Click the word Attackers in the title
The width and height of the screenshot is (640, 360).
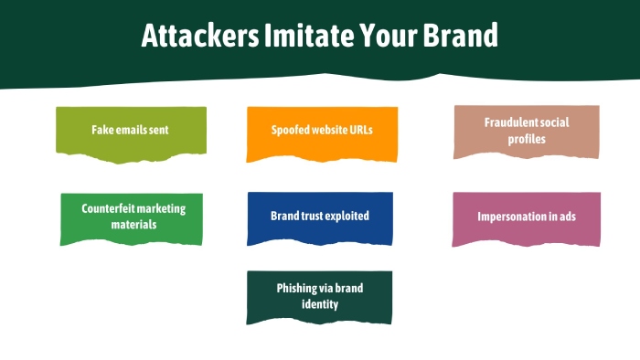200,35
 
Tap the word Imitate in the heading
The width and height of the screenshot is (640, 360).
309,35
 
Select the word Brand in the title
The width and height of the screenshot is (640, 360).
460,35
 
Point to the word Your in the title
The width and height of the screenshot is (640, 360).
389,35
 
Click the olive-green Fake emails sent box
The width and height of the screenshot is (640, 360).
131,133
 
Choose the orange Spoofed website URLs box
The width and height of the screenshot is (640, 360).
322,133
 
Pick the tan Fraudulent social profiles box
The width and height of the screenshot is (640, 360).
527,132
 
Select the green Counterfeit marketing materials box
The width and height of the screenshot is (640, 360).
132,219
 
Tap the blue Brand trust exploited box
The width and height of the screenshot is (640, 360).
320,218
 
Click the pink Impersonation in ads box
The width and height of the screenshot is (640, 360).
526,219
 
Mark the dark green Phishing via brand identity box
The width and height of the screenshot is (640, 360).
319,297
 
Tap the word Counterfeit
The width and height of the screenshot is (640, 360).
108,208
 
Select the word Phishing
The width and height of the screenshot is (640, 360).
297,288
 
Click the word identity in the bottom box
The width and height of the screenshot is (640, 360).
320,304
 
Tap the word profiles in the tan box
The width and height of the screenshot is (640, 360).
527,139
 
